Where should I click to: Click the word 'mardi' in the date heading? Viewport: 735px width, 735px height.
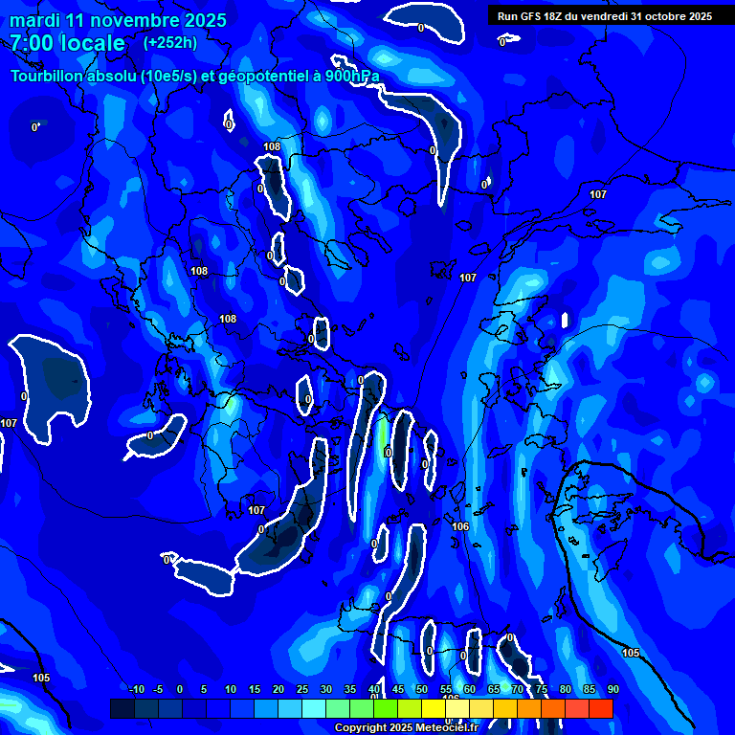pyautogui.click(x=35, y=20)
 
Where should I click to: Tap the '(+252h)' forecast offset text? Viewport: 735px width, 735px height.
pyautogui.click(x=169, y=42)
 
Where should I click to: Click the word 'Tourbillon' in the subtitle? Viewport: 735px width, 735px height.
pyautogui.click(x=51, y=77)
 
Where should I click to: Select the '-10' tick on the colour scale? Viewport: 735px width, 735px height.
pyautogui.click(x=136, y=690)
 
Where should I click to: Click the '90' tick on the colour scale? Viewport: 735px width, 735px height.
pyautogui.click(x=612, y=690)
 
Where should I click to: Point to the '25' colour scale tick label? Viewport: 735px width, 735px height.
pyautogui.click(x=301, y=690)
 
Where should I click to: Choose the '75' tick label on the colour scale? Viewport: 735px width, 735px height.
pyautogui.click(x=541, y=690)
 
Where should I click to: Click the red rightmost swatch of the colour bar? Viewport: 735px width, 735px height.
pyautogui.click(x=600, y=708)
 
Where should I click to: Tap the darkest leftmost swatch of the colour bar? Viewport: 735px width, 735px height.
pyautogui.click(x=122, y=708)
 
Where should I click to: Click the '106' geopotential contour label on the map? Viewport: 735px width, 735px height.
pyautogui.click(x=460, y=526)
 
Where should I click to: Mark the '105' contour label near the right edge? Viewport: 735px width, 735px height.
pyautogui.click(x=631, y=653)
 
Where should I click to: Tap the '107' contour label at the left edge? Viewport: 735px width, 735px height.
pyautogui.click(x=9, y=423)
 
